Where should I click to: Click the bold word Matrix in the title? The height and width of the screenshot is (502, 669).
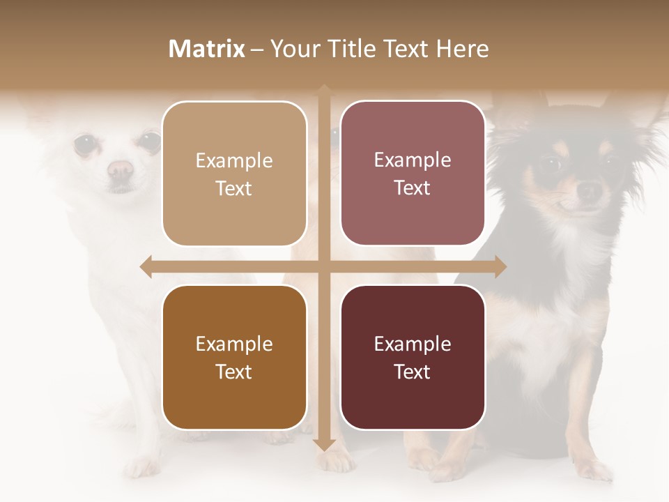(207, 49)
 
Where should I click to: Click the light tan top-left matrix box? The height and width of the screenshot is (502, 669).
(234, 174)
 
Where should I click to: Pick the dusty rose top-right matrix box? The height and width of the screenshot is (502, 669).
(413, 174)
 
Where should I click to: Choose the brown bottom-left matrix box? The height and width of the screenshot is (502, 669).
(234, 357)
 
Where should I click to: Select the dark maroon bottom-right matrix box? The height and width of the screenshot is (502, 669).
(413, 357)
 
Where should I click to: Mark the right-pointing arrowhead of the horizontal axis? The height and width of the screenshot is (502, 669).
(500, 266)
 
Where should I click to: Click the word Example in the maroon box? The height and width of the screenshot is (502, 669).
(413, 344)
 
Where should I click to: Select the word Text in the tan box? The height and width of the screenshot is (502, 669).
(234, 188)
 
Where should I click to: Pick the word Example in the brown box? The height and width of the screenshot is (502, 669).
(234, 344)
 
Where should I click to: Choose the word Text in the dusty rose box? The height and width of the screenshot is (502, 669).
(413, 188)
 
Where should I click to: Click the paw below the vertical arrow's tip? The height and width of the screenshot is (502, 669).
(337, 460)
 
